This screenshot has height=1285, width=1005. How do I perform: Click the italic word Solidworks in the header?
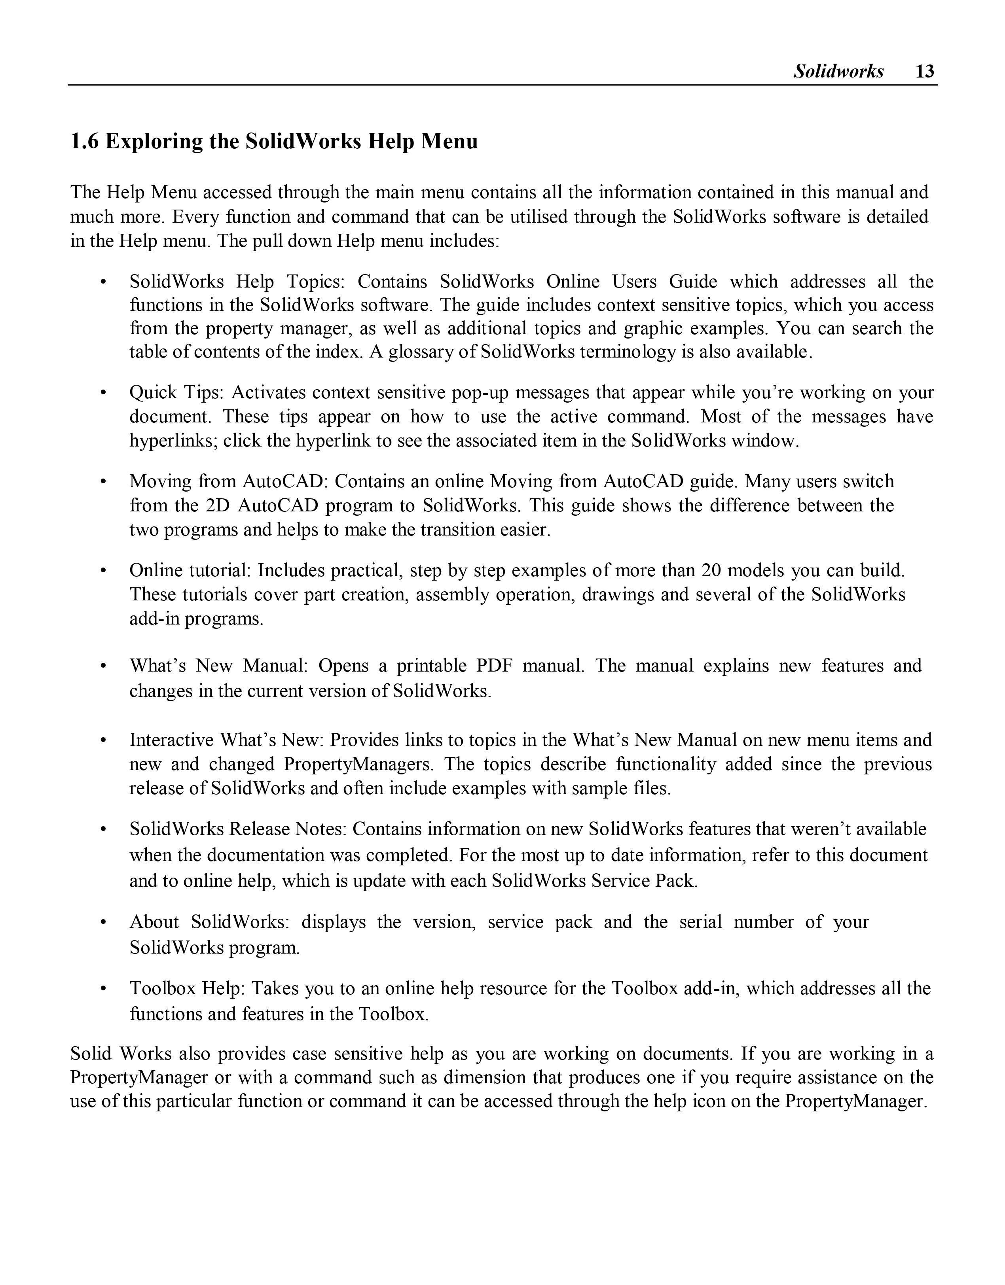point(838,71)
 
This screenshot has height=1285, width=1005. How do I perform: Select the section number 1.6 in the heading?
point(85,142)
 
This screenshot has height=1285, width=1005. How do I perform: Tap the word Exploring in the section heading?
point(154,142)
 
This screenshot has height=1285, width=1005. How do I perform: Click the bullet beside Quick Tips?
point(104,392)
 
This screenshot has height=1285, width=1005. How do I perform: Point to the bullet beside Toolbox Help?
point(104,988)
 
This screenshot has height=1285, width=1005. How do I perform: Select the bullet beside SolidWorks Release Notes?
point(104,829)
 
